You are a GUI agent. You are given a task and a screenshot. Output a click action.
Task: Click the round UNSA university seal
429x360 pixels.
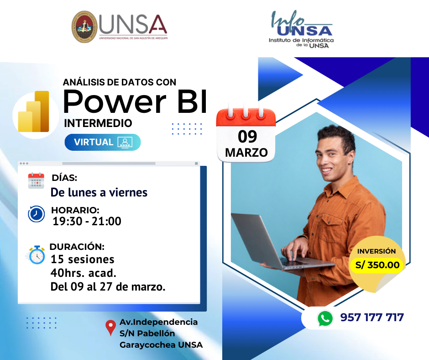(x=84, y=27)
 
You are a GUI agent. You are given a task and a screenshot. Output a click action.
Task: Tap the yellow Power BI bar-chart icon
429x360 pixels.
(x=34, y=111)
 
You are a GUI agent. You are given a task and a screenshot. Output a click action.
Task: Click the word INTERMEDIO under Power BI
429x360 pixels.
(x=98, y=123)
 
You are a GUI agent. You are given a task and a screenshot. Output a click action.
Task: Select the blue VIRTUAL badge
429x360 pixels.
(x=103, y=142)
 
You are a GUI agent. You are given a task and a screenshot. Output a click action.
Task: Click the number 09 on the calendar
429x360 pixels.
(x=247, y=137)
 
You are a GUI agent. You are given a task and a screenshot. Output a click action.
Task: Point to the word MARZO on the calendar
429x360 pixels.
(x=246, y=153)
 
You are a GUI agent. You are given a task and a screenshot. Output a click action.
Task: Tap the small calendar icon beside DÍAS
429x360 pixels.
(x=36, y=181)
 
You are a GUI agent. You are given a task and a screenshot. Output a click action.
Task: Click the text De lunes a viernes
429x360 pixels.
(x=99, y=192)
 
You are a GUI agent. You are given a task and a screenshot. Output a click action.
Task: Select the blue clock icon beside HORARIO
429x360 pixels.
(x=37, y=214)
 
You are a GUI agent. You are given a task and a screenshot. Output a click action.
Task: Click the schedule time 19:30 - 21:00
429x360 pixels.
(x=87, y=222)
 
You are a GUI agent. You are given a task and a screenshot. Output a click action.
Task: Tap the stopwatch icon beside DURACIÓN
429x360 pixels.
(x=36, y=255)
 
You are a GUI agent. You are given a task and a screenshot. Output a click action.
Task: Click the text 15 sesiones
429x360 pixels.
(x=83, y=259)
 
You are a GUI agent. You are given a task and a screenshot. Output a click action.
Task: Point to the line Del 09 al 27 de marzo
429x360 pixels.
(x=108, y=286)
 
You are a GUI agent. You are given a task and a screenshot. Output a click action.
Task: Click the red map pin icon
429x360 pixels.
(x=110, y=328)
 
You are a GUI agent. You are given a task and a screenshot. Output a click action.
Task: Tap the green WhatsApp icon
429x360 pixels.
(x=325, y=318)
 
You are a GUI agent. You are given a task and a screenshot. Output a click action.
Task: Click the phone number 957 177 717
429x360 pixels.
(x=372, y=318)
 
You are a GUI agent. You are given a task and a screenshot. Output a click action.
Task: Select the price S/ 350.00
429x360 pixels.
(x=377, y=265)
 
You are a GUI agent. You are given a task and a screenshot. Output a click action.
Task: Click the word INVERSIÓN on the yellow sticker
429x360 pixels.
(x=377, y=251)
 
